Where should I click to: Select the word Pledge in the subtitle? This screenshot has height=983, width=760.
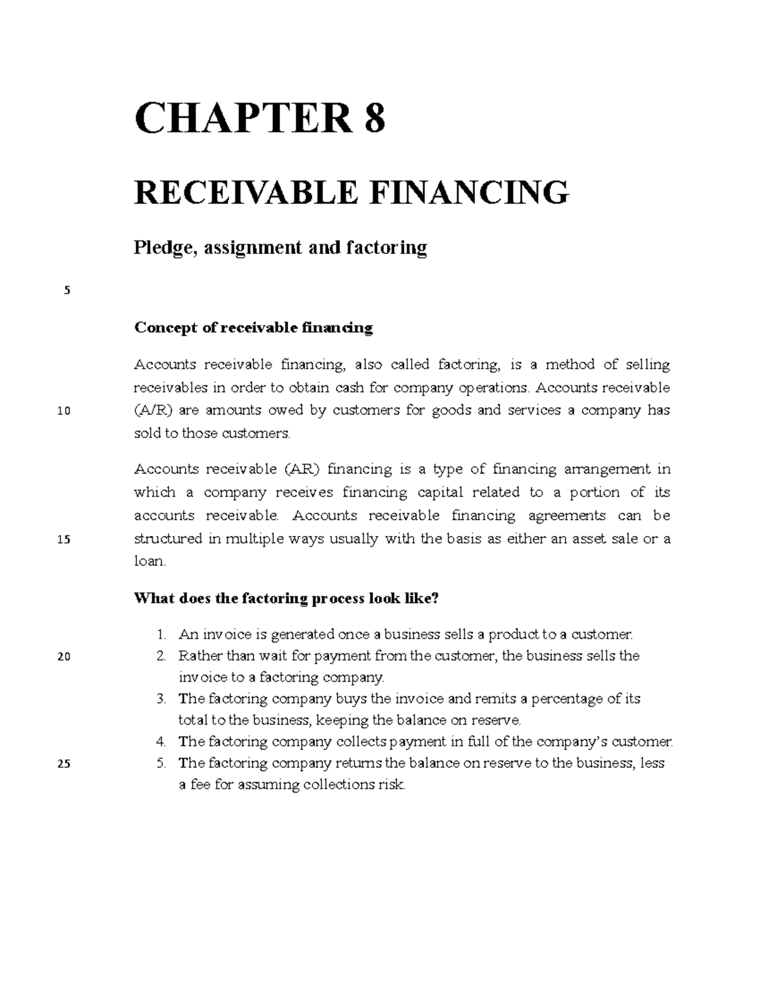coord(161,247)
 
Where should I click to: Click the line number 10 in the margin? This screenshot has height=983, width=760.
coord(63,411)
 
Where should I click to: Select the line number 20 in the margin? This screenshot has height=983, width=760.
coord(63,656)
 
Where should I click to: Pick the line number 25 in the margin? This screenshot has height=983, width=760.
coord(63,763)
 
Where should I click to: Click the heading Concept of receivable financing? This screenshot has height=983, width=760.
coord(253,328)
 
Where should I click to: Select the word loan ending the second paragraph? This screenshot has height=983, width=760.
coord(149,561)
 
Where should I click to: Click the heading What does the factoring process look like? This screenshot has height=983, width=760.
coord(286,599)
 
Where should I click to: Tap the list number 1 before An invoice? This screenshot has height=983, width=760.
coord(161,634)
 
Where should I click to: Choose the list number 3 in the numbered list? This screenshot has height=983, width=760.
coord(161,699)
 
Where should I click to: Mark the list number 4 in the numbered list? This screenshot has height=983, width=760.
coord(161,741)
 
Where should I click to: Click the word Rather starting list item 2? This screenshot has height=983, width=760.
coord(198,656)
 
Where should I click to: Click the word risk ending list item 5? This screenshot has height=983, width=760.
coord(391,786)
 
